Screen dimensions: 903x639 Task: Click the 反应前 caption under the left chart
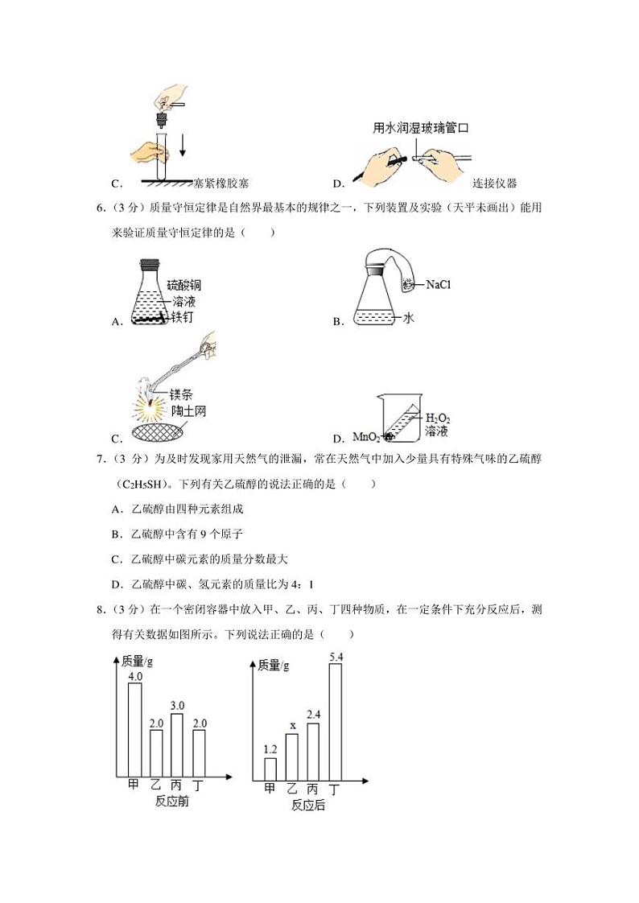click(171, 802)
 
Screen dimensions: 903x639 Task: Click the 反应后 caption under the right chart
click(308, 805)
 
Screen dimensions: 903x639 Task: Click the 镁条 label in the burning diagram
click(180, 394)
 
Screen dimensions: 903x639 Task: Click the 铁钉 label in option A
click(182, 317)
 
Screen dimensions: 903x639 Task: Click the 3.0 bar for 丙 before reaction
click(178, 744)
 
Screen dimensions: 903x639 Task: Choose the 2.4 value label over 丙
click(315, 714)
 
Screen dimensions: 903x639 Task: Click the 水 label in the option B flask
click(408, 318)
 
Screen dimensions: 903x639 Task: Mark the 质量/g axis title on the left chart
click(138, 661)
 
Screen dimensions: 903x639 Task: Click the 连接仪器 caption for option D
click(494, 183)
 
